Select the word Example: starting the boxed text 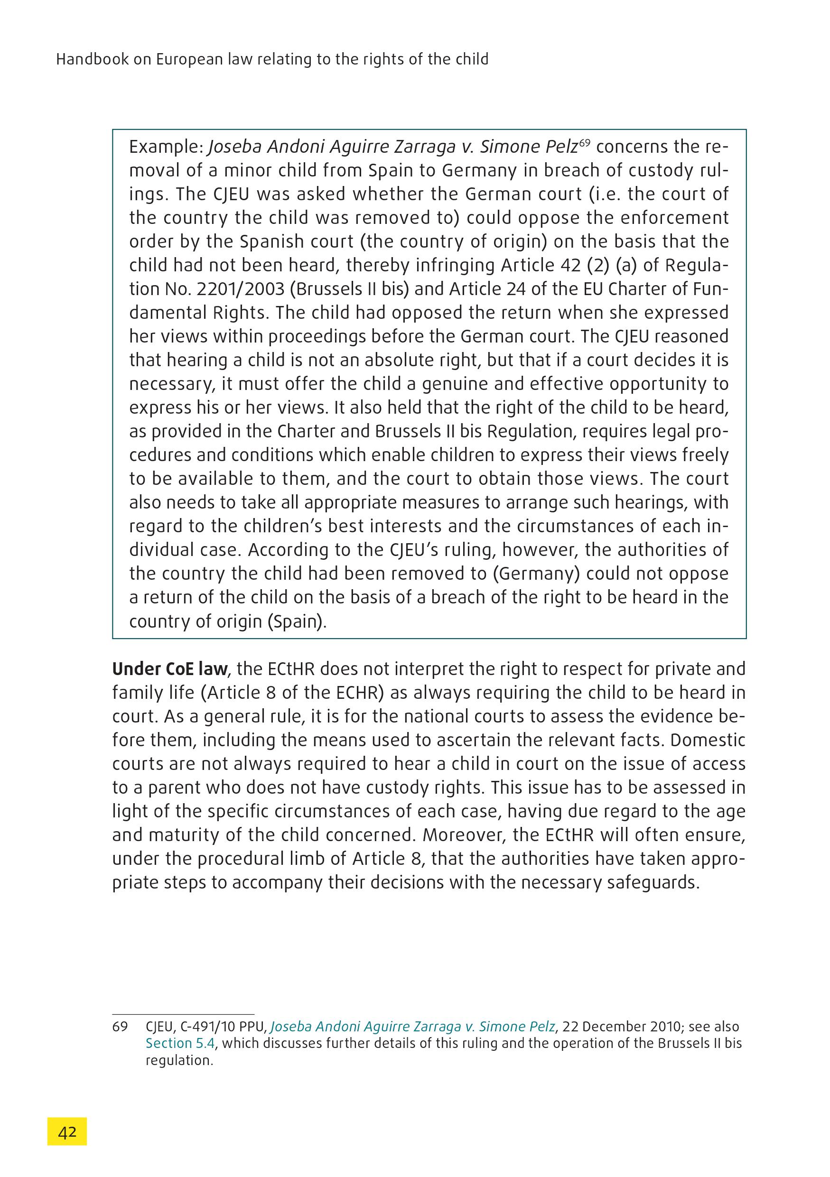click(166, 148)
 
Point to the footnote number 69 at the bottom click(120, 1027)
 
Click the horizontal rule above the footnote click(183, 1014)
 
